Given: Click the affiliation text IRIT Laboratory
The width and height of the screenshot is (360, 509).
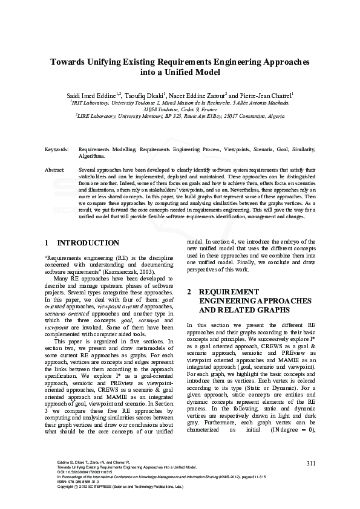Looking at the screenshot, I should pos(91,103).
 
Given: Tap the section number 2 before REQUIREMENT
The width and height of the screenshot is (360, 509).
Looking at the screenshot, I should pos(189,291).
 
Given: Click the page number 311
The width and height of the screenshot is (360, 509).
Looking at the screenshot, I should pos(311,463).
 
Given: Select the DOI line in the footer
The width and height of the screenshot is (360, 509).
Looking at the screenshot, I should pos(78,472).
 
